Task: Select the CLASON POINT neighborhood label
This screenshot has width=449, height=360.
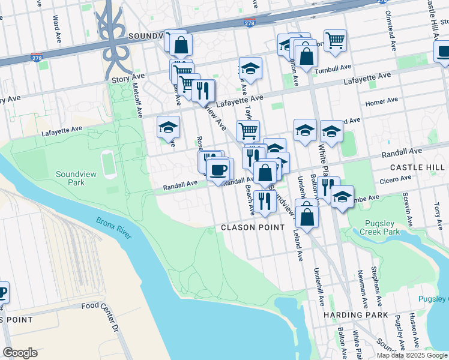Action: [x=252, y=227]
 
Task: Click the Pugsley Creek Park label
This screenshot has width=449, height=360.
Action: [x=383, y=227]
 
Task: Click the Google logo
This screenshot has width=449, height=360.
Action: [x=20, y=353]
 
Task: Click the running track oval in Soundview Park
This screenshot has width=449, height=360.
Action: [x=109, y=164]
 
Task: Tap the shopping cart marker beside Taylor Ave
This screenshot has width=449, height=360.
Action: [x=248, y=130]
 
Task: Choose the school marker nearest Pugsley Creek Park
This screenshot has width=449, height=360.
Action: [x=342, y=196]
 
